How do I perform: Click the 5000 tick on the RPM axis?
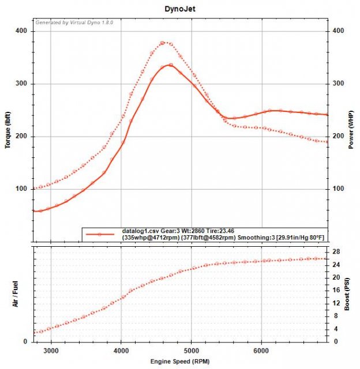192,349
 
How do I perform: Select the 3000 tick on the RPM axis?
51,349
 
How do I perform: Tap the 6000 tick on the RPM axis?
261,349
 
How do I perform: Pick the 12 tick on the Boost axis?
335,303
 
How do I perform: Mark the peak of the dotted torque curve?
163,43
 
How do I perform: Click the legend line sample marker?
100,234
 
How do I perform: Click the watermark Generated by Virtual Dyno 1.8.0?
74,22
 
